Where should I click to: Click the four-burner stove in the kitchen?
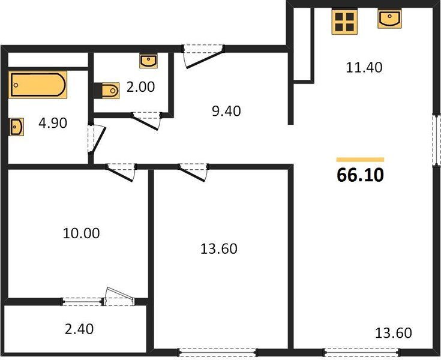pos(345,22)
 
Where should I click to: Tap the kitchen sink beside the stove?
pos(389,19)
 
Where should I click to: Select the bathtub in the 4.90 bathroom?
pos(37,85)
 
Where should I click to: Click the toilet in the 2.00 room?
pos(107,90)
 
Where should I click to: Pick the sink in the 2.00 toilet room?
pos(148,61)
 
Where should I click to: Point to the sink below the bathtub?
pos(16,127)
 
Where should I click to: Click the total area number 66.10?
pos(360,175)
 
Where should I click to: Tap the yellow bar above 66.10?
pos(360,160)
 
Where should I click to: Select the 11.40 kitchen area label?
pos(364,67)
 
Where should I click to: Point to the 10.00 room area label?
pos(81,233)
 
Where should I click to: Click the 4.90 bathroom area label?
pos(52,123)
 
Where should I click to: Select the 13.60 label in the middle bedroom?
pos(218,248)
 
